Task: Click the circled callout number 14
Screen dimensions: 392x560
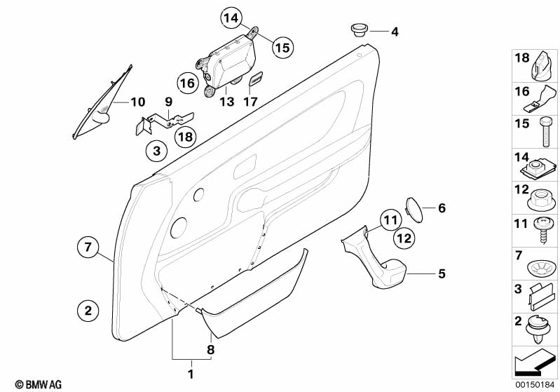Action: (231, 20)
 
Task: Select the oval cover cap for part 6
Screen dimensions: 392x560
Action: (414, 208)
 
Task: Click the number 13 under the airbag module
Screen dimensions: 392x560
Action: (226, 102)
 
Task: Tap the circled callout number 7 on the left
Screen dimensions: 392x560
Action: (88, 247)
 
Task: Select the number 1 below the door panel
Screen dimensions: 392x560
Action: (190, 374)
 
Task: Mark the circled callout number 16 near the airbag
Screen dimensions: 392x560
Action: (187, 84)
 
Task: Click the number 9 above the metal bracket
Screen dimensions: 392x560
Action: (168, 102)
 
